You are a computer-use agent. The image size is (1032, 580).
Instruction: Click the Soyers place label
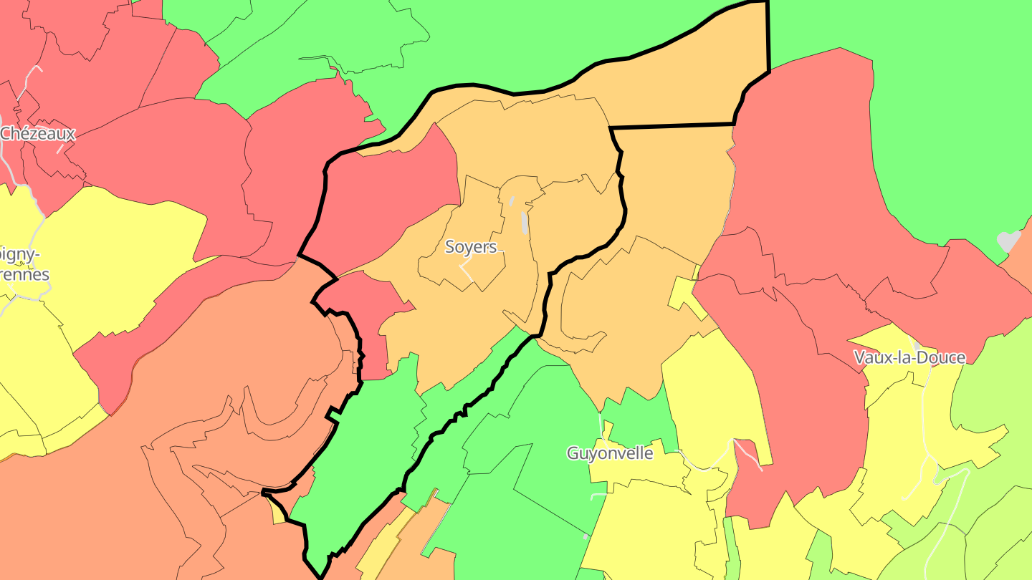[x=471, y=247]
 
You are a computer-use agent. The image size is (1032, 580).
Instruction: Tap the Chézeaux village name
[x=37, y=133]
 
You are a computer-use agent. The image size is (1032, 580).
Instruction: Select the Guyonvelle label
[x=610, y=453]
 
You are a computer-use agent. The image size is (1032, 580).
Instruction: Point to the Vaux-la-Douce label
[x=909, y=357]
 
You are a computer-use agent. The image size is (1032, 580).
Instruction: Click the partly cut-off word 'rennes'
[x=25, y=274]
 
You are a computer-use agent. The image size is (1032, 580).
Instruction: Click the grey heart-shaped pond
[x=1008, y=241]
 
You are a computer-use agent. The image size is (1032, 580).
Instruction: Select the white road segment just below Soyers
[x=466, y=271]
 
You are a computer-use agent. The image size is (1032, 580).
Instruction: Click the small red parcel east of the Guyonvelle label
[x=746, y=450]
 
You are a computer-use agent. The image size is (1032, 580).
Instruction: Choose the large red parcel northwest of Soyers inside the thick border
[x=387, y=200]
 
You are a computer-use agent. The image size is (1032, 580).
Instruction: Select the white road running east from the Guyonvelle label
[x=706, y=465]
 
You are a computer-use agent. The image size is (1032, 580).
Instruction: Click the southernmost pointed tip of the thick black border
[x=320, y=577]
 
